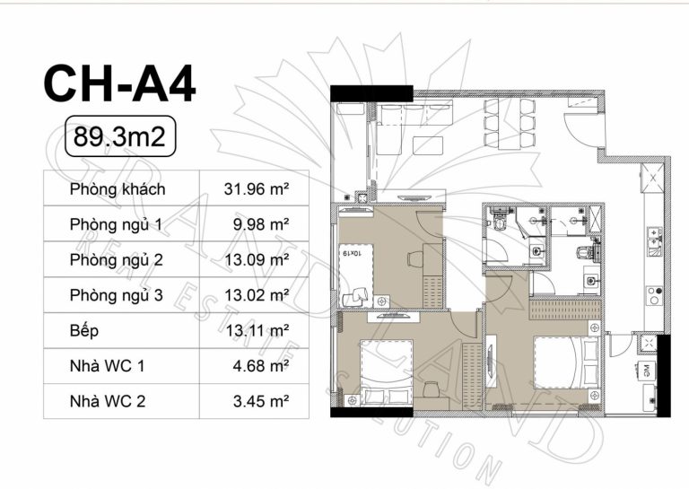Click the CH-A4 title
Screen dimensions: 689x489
[119, 83]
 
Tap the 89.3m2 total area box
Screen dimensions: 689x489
[120, 136]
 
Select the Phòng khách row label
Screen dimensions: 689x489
[118, 189]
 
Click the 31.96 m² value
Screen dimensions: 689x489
[257, 189]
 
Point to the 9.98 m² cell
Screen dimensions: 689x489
[260, 224]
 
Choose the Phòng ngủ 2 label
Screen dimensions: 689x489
[116, 260]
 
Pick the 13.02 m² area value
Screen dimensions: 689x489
[257, 295]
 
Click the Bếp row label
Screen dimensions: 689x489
[83, 330]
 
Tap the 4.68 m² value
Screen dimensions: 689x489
[260, 365]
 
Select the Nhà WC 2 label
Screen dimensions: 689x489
[108, 401]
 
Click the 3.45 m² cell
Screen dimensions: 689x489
[260, 401]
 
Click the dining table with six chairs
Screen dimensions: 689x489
[510, 124]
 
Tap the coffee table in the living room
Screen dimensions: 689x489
[428, 145]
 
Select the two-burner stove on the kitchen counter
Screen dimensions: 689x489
[654, 295]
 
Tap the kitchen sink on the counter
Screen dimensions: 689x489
[653, 240]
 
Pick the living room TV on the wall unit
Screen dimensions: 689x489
[415, 197]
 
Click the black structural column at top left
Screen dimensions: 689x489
[371, 93]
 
